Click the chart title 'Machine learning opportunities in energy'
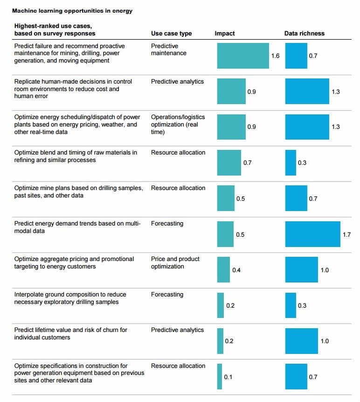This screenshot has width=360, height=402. (72, 11)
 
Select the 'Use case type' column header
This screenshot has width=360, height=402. (171, 34)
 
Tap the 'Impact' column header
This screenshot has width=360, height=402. (225, 34)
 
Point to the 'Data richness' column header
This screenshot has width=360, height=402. (305, 34)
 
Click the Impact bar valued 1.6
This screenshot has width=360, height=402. (243, 56)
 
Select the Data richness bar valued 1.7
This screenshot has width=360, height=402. (312, 234)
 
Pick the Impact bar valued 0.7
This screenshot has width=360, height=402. (229, 162)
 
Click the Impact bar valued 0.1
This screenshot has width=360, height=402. (219, 376)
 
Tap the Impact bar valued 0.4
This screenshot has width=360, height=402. (223, 269)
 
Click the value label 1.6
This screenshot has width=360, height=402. (275, 56)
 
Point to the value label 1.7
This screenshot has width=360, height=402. (346, 234)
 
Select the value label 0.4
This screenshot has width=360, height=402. (236, 270)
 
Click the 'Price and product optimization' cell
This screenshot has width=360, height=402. (175, 262)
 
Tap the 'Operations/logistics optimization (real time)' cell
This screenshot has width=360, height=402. (178, 124)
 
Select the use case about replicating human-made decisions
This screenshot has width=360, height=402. (73, 89)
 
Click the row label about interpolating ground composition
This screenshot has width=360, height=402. (70, 298)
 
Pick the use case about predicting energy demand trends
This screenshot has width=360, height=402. (77, 227)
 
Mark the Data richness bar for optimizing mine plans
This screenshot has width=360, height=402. (296, 198)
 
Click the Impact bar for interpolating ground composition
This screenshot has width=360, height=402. (220, 305)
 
